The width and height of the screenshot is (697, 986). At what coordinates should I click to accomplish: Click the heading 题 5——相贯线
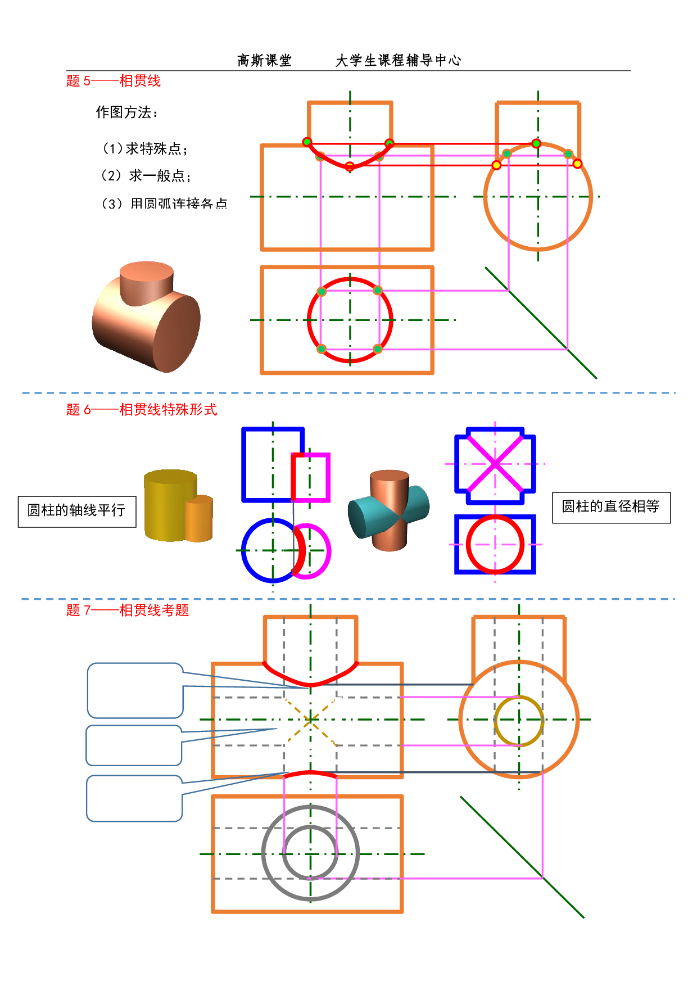point(113,81)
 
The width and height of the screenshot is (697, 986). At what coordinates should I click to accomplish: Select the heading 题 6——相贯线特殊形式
point(141,410)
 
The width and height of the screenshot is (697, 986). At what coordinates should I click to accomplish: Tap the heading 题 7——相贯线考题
point(127,610)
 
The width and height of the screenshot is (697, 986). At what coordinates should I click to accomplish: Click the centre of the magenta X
point(495,464)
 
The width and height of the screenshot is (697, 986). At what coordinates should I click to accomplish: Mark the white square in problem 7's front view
point(311,697)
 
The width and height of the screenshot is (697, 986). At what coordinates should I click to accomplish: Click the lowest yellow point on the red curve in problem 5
point(350,166)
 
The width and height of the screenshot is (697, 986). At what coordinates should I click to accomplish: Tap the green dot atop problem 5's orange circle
point(536,144)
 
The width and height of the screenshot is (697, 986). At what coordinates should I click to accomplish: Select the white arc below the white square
point(310,774)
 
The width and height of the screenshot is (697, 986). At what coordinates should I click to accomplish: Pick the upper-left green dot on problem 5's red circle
point(322,291)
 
